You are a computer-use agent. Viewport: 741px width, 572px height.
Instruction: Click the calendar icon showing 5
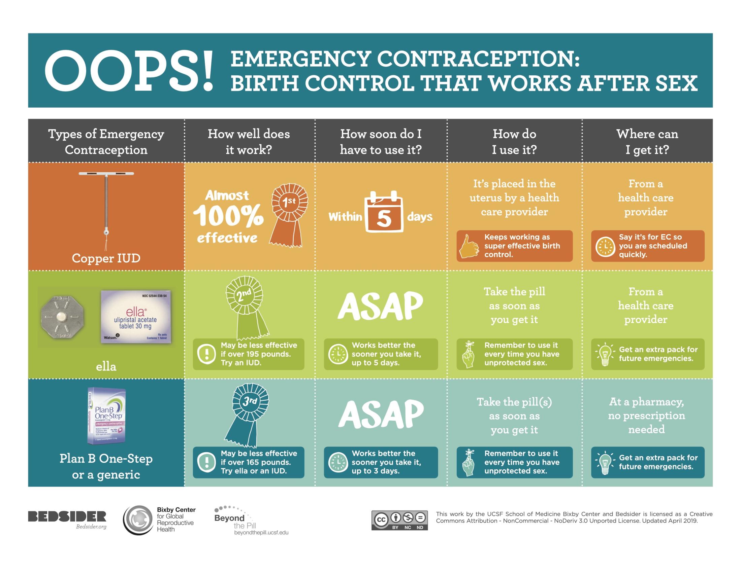[x=384, y=212]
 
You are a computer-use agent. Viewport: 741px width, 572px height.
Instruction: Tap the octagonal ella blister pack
[x=62, y=318]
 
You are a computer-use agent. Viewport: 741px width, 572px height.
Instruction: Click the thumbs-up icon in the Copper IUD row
[x=469, y=246]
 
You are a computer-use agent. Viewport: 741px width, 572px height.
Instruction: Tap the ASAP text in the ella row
[x=380, y=305]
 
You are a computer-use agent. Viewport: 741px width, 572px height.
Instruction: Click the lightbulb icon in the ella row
[x=605, y=354]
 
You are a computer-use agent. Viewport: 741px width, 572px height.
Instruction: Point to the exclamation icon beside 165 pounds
[x=206, y=463]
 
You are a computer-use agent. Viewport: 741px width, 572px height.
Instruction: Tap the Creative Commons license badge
[x=399, y=520]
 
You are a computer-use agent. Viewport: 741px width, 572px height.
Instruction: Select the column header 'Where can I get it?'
[x=647, y=142]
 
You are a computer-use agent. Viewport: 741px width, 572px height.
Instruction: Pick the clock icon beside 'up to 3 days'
[x=338, y=463]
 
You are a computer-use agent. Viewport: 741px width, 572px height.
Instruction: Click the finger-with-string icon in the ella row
[x=469, y=354]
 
